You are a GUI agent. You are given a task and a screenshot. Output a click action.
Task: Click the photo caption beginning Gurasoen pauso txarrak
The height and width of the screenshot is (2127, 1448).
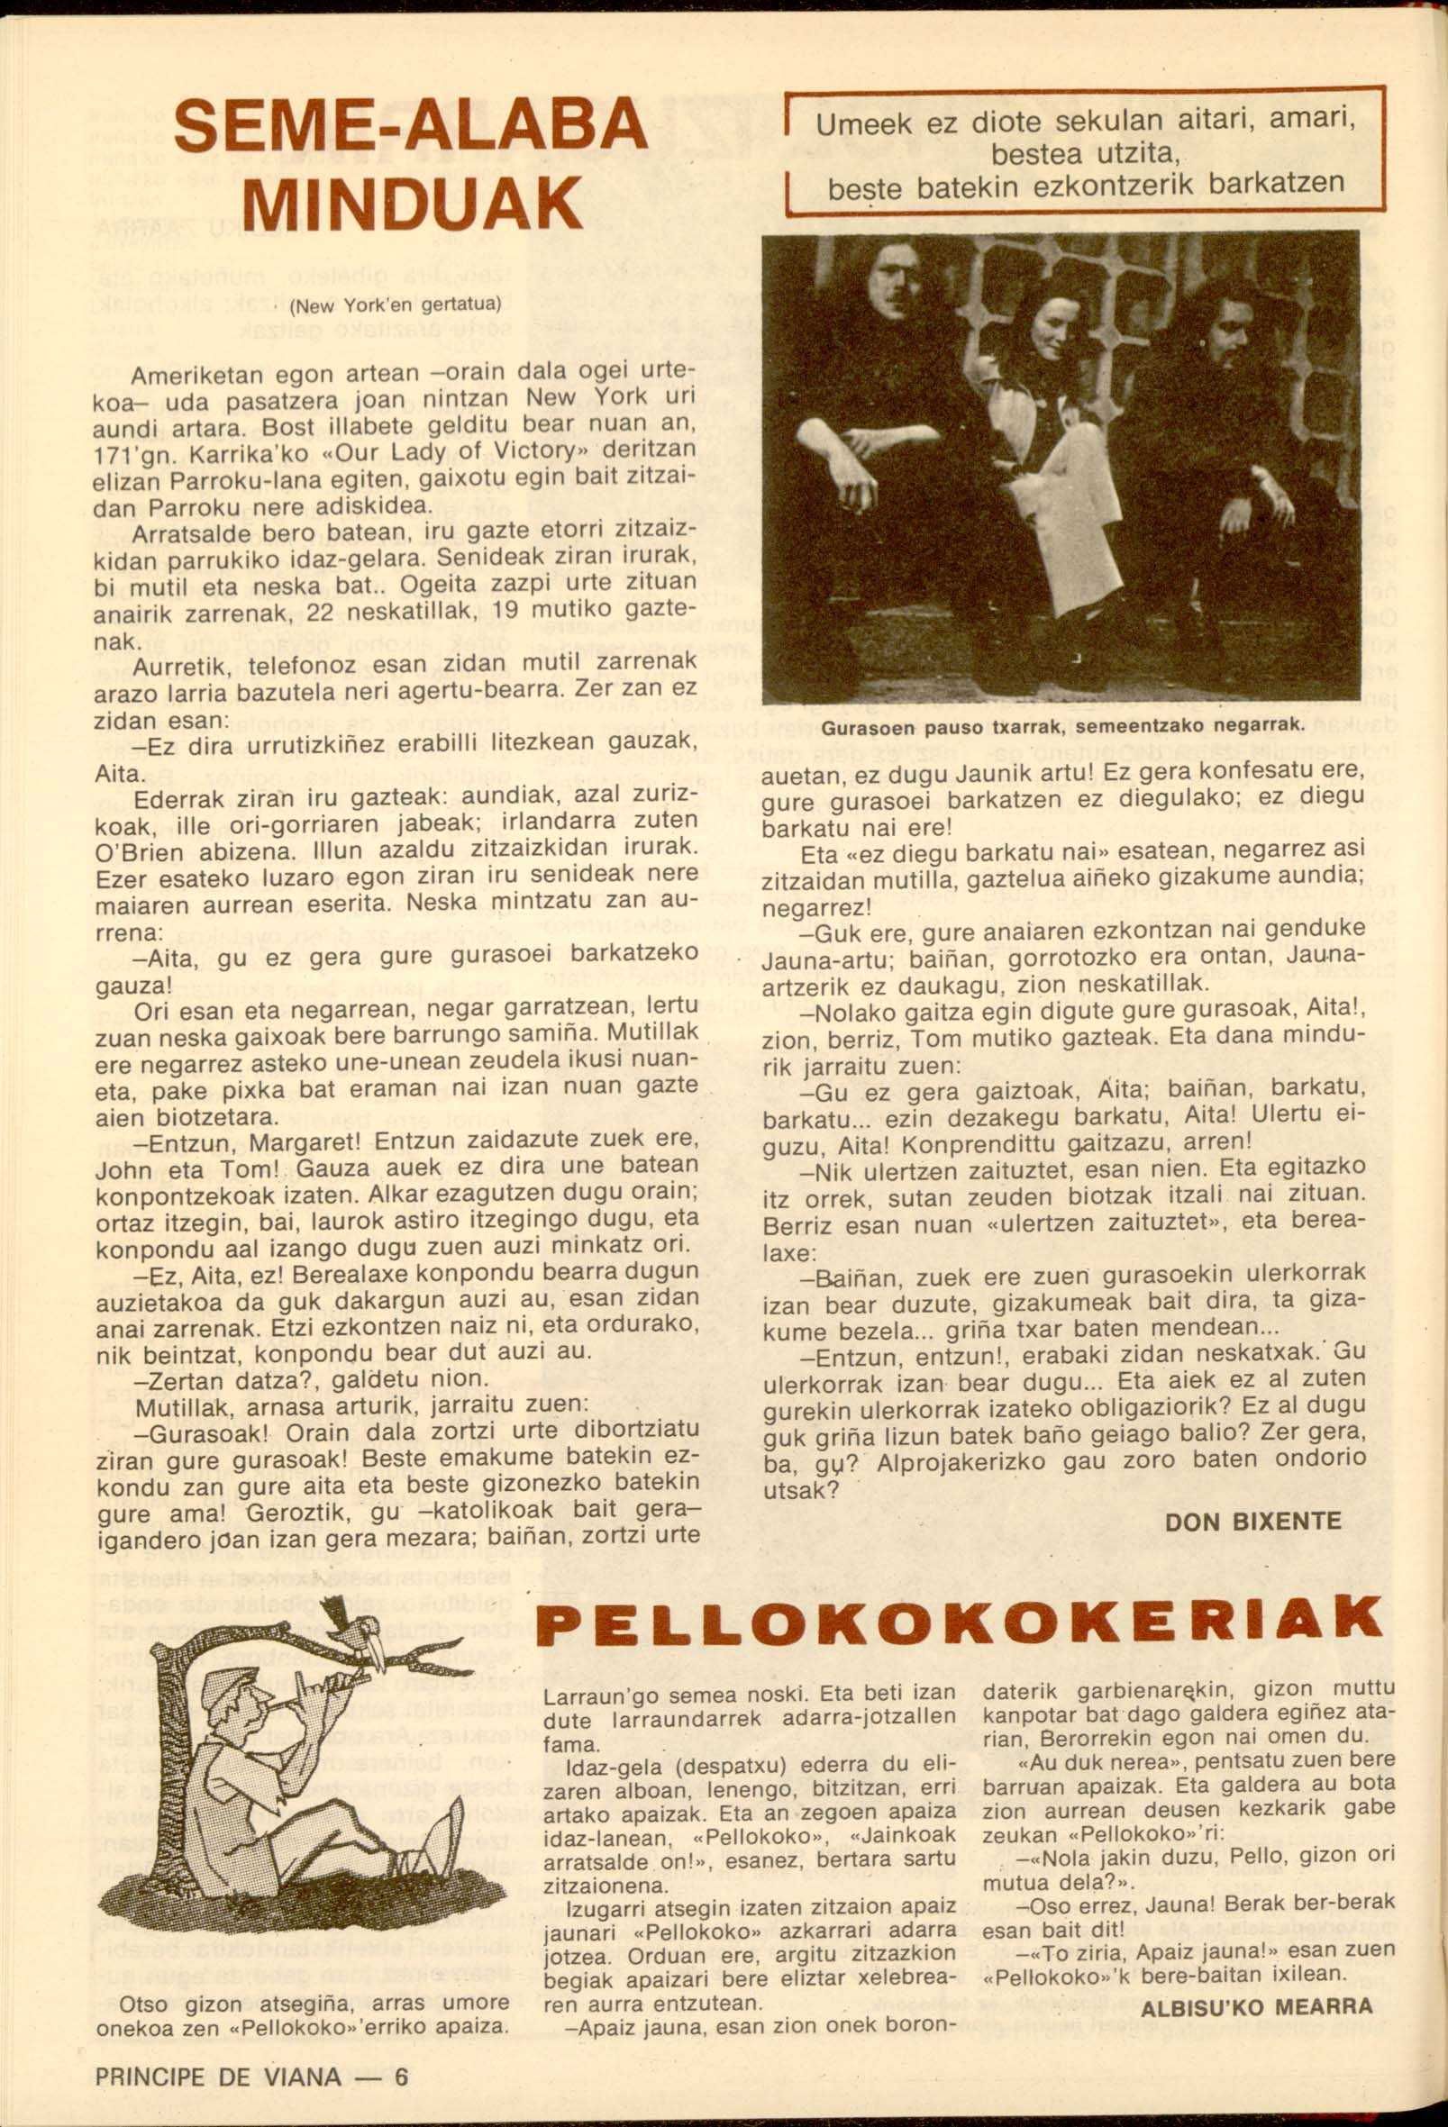(x=1062, y=727)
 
